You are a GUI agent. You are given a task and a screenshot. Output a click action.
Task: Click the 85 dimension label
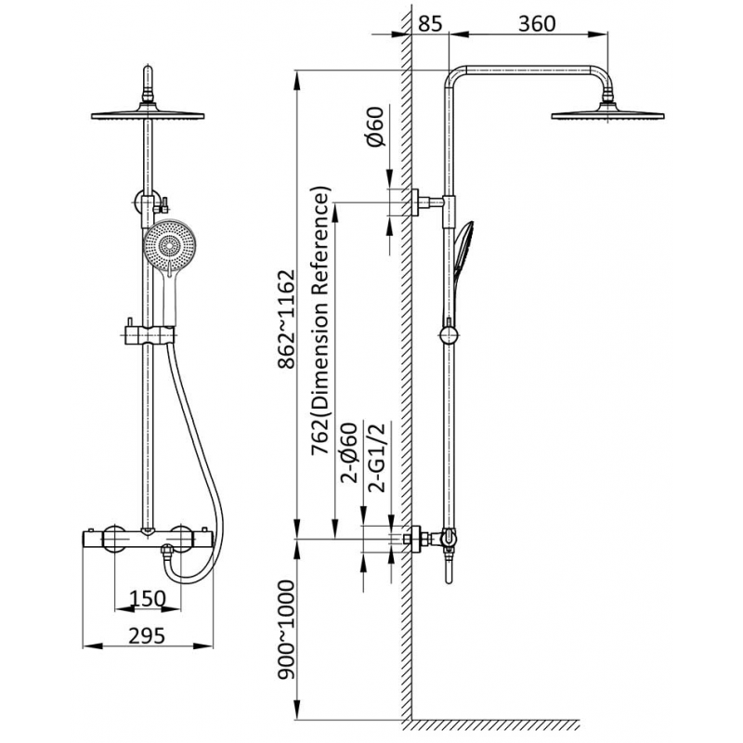coord(430,23)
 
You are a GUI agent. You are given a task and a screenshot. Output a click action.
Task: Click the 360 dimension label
coord(537,23)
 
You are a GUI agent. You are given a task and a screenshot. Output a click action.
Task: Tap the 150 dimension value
coord(148,598)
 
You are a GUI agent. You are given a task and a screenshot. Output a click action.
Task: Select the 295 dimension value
coord(147,635)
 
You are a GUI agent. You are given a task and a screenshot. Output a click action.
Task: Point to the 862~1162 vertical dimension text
coord(287,319)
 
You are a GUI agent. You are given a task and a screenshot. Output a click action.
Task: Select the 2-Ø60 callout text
coord(349,452)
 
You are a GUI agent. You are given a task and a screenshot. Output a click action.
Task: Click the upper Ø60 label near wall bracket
coord(374,127)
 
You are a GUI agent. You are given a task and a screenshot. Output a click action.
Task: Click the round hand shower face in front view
coord(170,245)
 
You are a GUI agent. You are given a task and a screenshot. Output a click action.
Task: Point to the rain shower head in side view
coord(607,113)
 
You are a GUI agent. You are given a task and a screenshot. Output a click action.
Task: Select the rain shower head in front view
coord(148,113)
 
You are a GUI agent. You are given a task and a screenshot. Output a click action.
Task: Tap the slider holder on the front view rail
coord(150,333)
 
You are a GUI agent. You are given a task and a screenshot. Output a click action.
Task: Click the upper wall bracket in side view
coord(428,202)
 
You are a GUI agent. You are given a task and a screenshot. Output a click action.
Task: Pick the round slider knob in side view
coord(449,335)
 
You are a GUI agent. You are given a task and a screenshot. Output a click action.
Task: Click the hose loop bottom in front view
coord(192,578)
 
